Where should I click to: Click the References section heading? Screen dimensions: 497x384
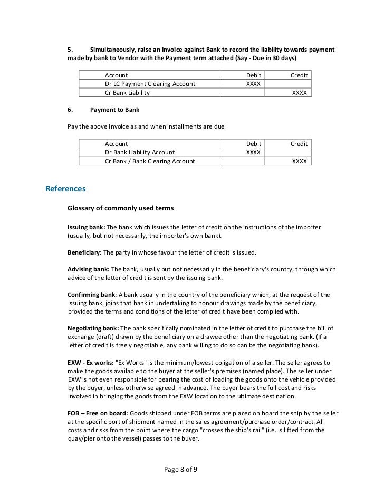coord(65,188)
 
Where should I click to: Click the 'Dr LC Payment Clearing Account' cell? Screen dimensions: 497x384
coord(150,84)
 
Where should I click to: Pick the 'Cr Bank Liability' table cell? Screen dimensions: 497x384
coord(127,93)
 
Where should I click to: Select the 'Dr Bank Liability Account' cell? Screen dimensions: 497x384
coord(140,152)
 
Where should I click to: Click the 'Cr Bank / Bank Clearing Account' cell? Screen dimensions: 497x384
coord(150,161)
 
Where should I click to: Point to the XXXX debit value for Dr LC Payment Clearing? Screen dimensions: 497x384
coord(253,84)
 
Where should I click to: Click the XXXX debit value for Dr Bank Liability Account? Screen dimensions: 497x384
coord(253,152)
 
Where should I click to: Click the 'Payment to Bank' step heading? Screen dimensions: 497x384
coord(114,110)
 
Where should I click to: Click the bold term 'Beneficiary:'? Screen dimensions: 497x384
coord(85,252)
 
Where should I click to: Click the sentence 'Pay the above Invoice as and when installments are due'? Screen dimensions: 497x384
coord(150,126)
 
